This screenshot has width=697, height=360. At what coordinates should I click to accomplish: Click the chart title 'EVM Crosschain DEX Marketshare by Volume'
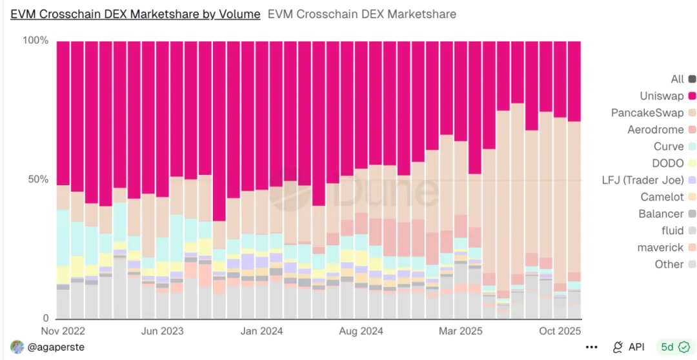[135, 14]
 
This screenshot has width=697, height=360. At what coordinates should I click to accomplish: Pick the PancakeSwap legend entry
[647, 113]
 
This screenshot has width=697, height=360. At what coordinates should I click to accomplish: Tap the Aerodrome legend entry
[655, 130]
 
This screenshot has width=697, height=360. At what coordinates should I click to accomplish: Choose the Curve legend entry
[668, 146]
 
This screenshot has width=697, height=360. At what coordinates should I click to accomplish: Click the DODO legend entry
[666, 163]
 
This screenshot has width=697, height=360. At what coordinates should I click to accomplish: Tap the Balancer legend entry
[661, 214]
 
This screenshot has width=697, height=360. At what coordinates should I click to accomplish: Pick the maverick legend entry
[660, 247]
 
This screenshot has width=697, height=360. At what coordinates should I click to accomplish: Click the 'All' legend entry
[677, 79]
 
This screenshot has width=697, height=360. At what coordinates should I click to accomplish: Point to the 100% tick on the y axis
[35, 41]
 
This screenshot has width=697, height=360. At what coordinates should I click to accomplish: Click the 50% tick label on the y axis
[37, 179]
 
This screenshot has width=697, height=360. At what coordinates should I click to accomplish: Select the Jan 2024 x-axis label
[262, 331]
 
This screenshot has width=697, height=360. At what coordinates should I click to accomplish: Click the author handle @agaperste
[56, 347]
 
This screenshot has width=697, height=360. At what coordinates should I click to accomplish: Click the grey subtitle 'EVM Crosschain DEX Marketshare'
[361, 14]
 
